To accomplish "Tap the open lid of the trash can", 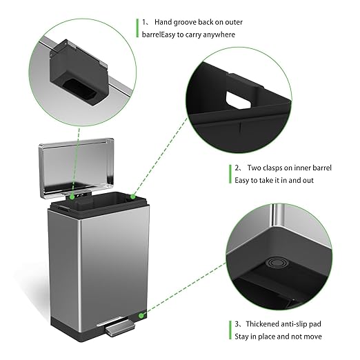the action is click(77, 168).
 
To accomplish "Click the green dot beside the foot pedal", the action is click(141, 316).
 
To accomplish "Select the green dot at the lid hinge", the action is click(72, 197).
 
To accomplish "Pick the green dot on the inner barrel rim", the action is click(133, 197).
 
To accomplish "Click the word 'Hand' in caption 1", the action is click(163, 22).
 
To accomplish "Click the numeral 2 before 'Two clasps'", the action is click(237, 168).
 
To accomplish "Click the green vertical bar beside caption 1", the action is click(137, 28).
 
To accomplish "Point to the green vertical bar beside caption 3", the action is click(230, 330).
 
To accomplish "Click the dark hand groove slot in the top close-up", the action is click(79, 90).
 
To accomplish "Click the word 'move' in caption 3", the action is click(312, 337).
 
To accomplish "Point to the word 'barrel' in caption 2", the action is click(322, 168).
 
